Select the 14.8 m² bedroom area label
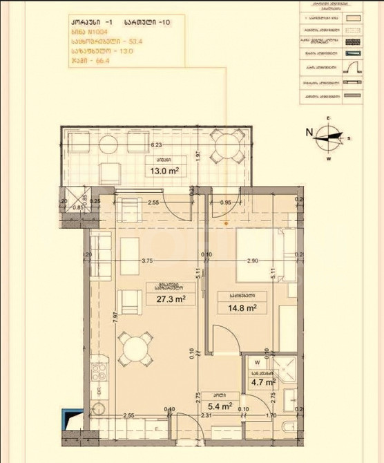coord(238,308)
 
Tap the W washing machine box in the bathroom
coord(257,361)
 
